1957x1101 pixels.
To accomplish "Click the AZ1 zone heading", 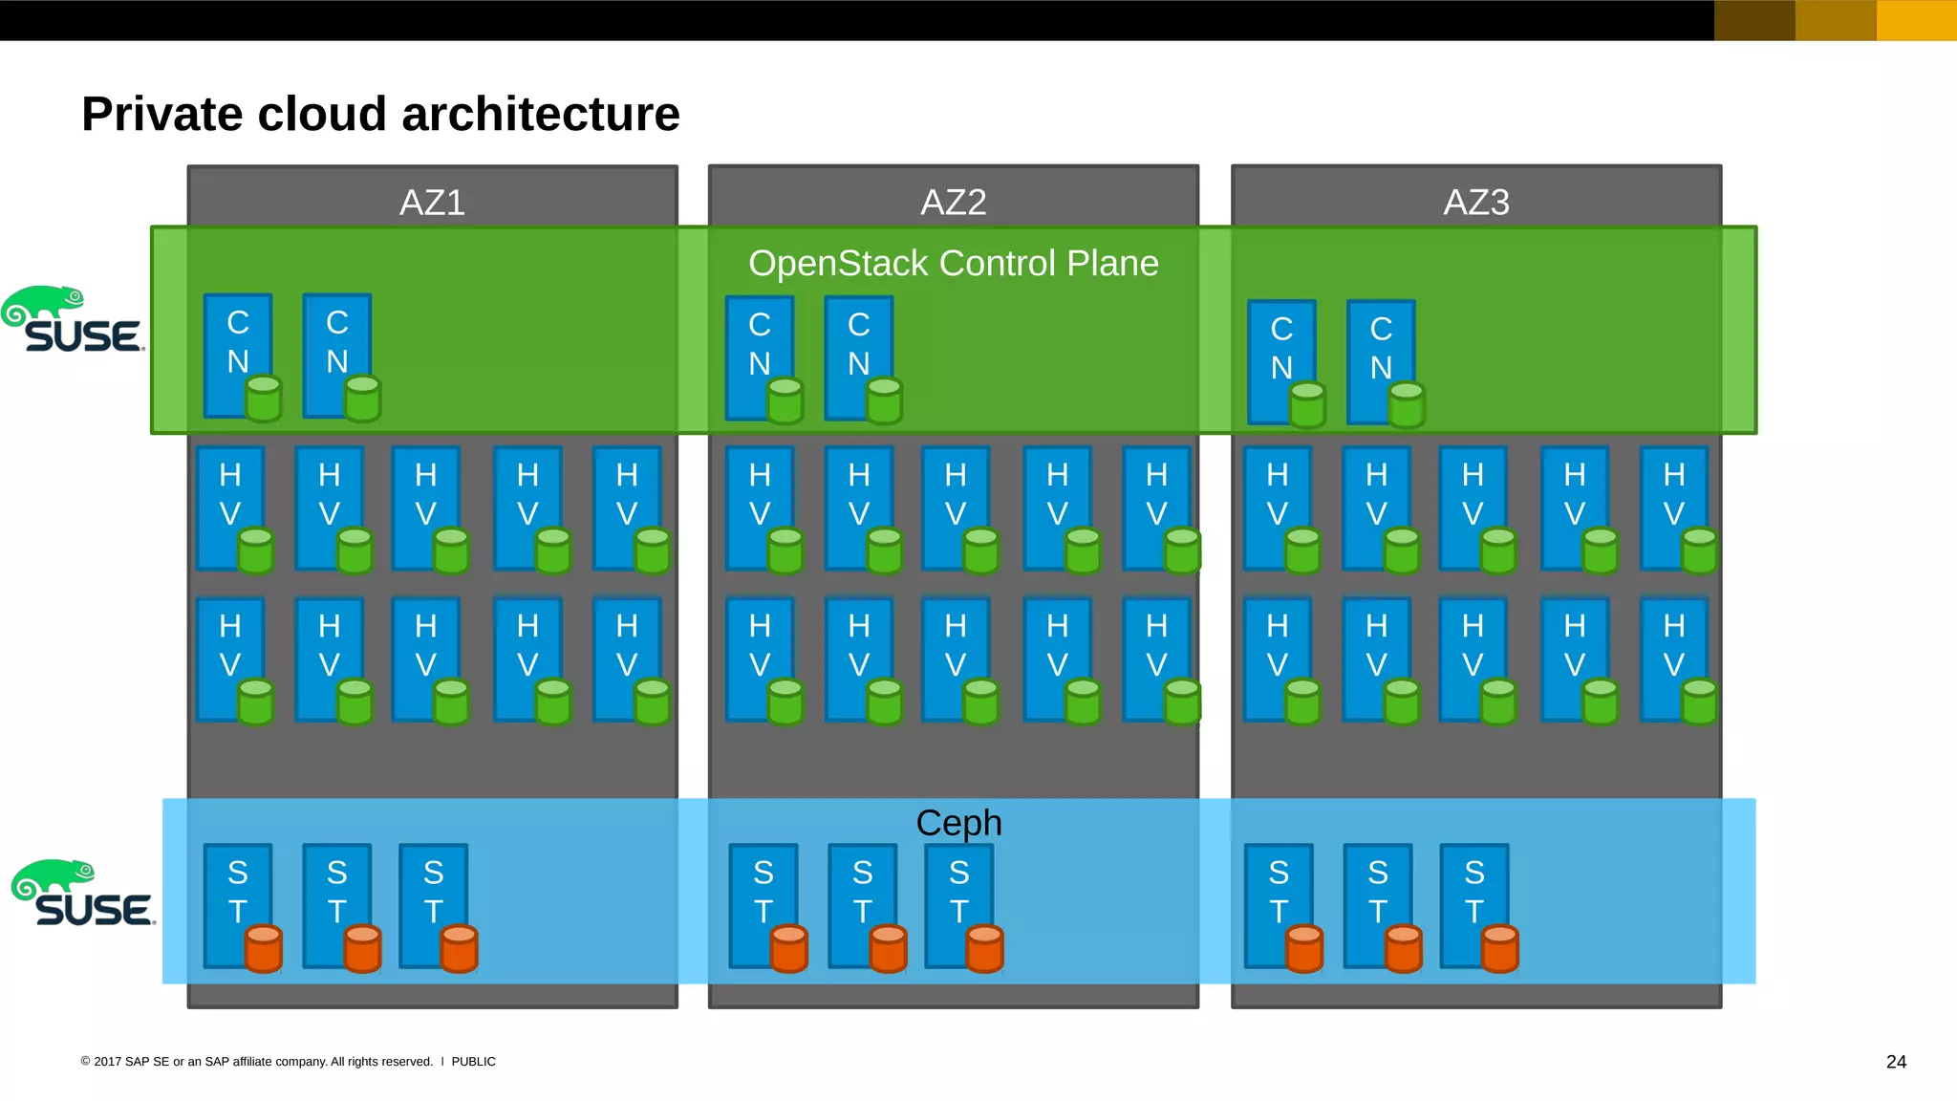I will tap(432, 203).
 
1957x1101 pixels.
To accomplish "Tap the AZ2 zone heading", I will tap(953, 203).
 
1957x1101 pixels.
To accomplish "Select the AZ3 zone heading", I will tap(1475, 203).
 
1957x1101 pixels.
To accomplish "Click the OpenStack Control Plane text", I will tap(953, 263).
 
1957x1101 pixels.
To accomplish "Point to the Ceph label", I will tap(958, 823).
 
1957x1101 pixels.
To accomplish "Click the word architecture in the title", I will tap(541, 114).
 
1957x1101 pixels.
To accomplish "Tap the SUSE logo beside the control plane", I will tap(73, 320).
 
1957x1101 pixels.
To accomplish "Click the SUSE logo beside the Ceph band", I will tap(83, 894).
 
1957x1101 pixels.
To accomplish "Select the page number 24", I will tap(1896, 1062).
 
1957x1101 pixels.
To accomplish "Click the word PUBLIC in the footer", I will tap(473, 1062).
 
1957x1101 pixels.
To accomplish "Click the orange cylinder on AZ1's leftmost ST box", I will tap(264, 948).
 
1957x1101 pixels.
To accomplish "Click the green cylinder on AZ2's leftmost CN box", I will tap(785, 400).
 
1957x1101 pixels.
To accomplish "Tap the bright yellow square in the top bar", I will tap(1916, 20).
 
